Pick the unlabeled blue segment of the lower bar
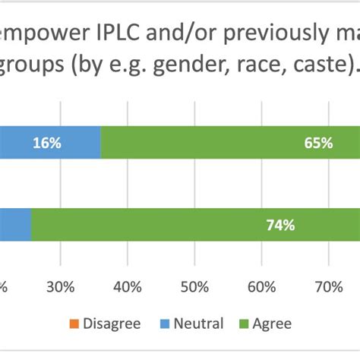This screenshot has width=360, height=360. pyautogui.click(x=15, y=225)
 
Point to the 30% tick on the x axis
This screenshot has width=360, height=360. pyautogui.click(x=60, y=287)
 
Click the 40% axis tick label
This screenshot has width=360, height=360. pyautogui.click(x=127, y=287)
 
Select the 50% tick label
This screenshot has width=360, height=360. pyautogui.click(x=194, y=287)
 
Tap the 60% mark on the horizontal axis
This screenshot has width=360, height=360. pyautogui.click(x=261, y=287)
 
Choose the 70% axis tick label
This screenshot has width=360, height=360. pyautogui.click(x=328, y=287)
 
